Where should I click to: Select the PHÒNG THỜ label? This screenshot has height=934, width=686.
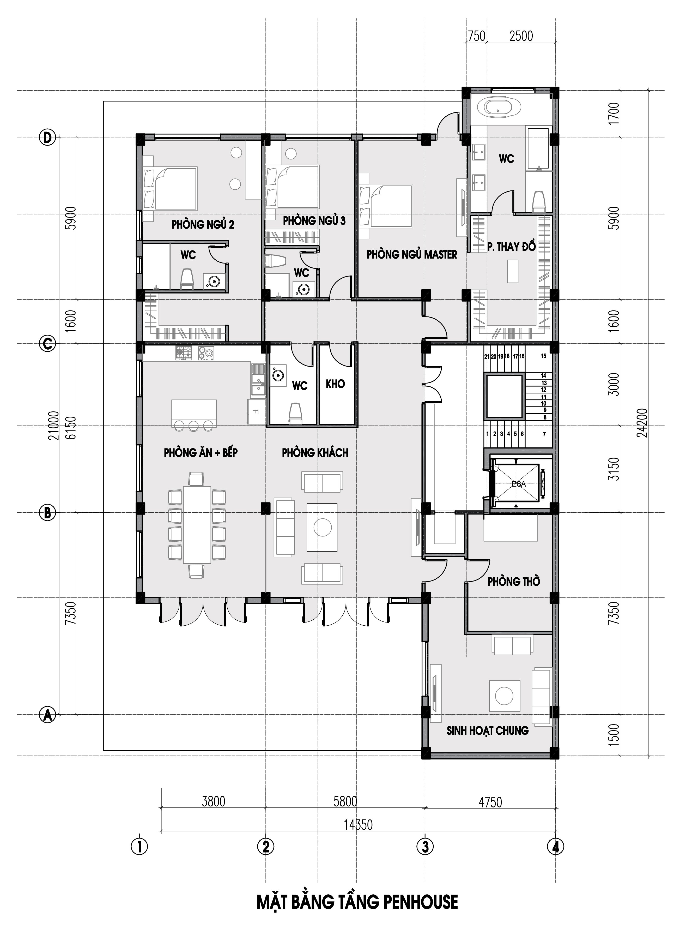click(x=514, y=581)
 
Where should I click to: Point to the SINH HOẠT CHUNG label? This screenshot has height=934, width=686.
click(x=488, y=731)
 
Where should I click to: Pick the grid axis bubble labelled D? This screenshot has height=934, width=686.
click(x=47, y=137)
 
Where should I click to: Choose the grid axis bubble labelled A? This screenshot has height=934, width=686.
click(x=47, y=715)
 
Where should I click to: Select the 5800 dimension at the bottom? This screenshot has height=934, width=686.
click(x=345, y=801)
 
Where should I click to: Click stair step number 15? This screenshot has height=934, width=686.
click(x=544, y=356)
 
